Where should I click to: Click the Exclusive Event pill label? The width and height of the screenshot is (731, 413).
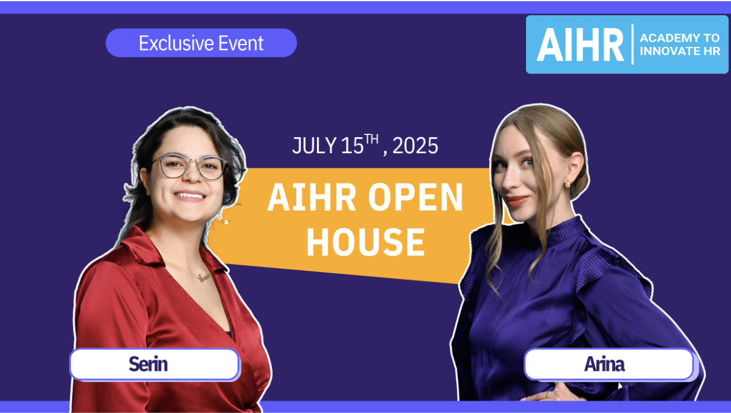click(x=201, y=43)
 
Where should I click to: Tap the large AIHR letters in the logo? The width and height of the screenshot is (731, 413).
click(x=580, y=45)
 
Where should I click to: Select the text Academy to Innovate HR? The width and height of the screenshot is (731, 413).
click(x=679, y=45)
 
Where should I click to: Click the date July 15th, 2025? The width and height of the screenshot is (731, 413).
click(x=365, y=145)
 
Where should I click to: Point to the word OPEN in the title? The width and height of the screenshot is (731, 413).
click(x=416, y=198)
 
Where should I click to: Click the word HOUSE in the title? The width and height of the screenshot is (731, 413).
click(x=365, y=242)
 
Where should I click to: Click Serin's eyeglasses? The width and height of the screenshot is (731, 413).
click(x=189, y=167)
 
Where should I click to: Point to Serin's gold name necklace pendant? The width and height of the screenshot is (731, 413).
click(x=204, y=277)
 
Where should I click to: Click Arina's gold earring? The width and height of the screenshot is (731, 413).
click(x=567, y=184)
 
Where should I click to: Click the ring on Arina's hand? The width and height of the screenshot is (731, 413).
click(x=546, y=395)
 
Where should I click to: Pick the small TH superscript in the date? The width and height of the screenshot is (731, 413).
click(x=372, y=138)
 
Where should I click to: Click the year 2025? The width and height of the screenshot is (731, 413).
click(x=415, y=146)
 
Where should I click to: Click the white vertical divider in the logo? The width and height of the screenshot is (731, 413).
click(x=633, y=45)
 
